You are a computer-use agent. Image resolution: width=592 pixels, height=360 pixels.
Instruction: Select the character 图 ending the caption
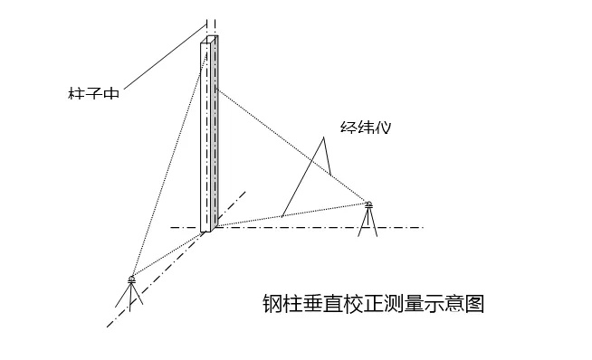click(475, 303)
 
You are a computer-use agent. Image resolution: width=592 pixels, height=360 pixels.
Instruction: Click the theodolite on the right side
click(369, 205)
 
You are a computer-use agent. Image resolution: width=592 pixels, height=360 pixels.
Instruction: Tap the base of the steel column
click(206, 228)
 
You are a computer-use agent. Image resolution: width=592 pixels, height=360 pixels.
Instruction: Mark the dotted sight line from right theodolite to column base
click(290, 215)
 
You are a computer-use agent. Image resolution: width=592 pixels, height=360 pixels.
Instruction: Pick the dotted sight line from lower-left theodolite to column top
click(167, 163)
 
